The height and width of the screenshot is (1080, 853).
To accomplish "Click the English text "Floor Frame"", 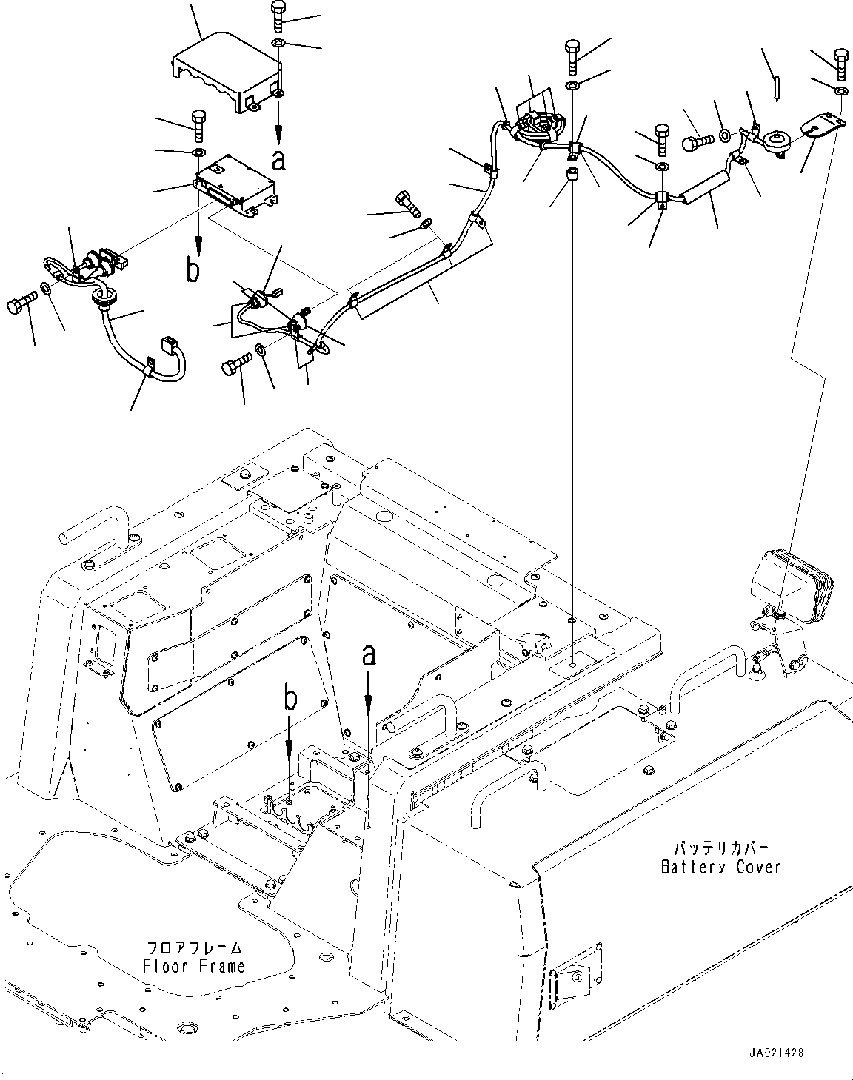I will pyautogui.click(x=195, y=966).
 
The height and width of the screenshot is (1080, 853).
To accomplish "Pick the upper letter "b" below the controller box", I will pyautogui.click(x=193, y=271).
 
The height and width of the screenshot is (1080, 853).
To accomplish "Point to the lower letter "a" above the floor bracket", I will pyautogui.click(x=369, y=655).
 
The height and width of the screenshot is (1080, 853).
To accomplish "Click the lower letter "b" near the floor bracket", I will pyautogui.click(x=290, y=700).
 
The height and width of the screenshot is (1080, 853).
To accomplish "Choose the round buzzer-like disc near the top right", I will pyautogui.click(x=777, y=141).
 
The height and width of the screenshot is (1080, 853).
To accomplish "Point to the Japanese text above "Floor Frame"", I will pyautogui.click(x=195, y=947).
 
